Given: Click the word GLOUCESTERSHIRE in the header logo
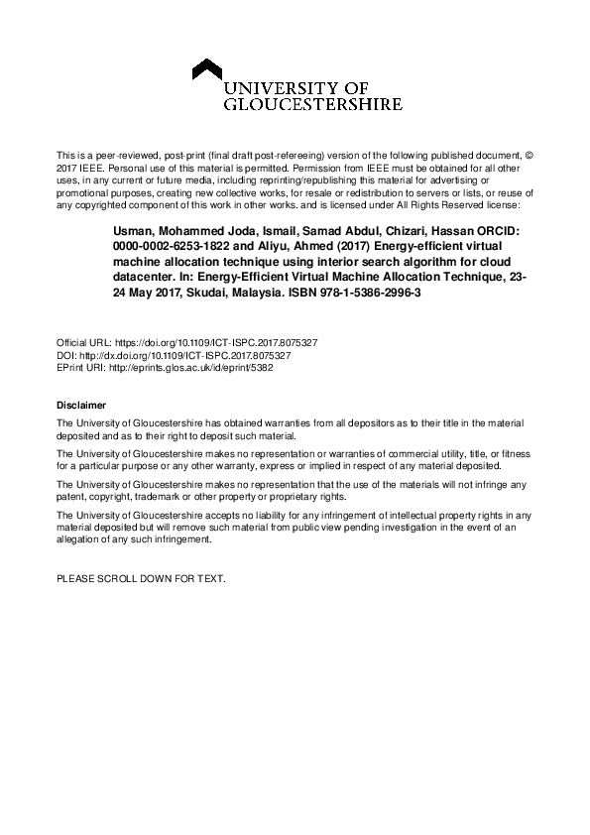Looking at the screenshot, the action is click(314, 102).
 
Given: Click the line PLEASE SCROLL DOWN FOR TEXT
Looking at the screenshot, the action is click(141, 577).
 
